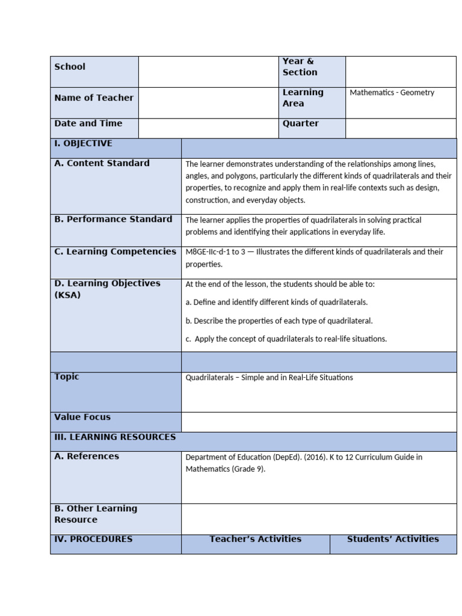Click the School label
[70, 67]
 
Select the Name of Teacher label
[94, 98]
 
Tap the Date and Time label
[88, 123]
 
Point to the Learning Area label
[303, 98]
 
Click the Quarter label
[301, 123]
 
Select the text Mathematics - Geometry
[392, 93]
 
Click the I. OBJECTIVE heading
[83, 144]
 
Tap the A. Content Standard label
[102, 163]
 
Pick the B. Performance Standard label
[113, 220]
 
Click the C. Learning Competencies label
[115, 252]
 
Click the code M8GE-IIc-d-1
[211, 252]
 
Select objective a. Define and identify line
[276, 302]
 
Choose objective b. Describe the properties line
[279, 321]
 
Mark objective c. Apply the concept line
[286, 339]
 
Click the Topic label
[66, 377]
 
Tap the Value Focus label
[82, 417]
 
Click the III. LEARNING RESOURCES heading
[115, 437]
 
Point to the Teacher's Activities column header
[255, 539]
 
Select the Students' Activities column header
[393, 539]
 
